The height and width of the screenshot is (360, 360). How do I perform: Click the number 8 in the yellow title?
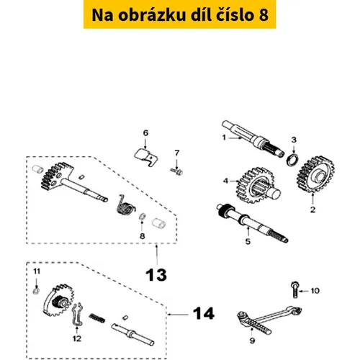(264, 14)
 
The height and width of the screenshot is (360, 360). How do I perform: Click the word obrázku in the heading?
(152, 14)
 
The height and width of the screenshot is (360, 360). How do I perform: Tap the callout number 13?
(156, 275)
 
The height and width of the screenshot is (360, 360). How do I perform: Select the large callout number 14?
(204, 313)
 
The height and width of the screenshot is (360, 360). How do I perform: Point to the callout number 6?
(145, 133)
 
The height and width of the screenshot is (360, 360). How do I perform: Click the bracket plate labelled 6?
(146, 157)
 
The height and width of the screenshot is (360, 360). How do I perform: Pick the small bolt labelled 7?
(176, 171)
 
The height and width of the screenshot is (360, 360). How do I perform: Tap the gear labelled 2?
(316, 174)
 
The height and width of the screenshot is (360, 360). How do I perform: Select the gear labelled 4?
(256, 185)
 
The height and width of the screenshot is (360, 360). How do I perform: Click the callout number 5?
(248, 241)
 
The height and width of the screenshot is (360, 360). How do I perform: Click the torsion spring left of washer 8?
(125, 205)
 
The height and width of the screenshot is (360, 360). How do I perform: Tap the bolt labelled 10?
(295, 290)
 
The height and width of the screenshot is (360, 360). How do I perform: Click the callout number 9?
(252, 341)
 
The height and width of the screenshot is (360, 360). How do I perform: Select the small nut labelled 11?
(36, 292)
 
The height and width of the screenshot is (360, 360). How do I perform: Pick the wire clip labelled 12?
(77, 315)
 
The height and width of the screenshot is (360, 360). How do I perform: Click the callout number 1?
(224, 138)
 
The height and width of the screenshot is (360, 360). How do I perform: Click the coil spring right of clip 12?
(97, 318)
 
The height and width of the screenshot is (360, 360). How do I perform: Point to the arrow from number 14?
(178, 314)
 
